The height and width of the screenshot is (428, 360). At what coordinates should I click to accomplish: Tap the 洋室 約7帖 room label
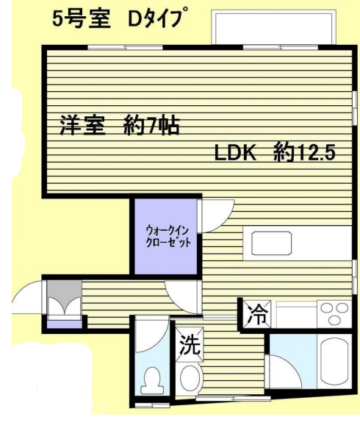[x=120, y=126]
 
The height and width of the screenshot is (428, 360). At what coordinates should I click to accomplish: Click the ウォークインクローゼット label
[x=168, y=236]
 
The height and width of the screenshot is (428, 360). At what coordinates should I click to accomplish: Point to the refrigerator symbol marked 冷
[x=257, y=314]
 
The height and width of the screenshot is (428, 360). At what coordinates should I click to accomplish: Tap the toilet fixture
[x=152, y=380]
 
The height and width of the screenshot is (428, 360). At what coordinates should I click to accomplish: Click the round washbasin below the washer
[x=191, y=378]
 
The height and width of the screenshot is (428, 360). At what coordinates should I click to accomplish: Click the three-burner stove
[x=334, y=314]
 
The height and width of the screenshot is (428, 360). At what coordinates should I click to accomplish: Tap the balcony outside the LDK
[x=273, y=26]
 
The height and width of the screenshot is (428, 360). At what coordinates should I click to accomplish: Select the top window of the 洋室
[x=125, y=48]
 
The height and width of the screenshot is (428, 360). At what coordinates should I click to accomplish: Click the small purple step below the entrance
[x=65, y=324]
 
